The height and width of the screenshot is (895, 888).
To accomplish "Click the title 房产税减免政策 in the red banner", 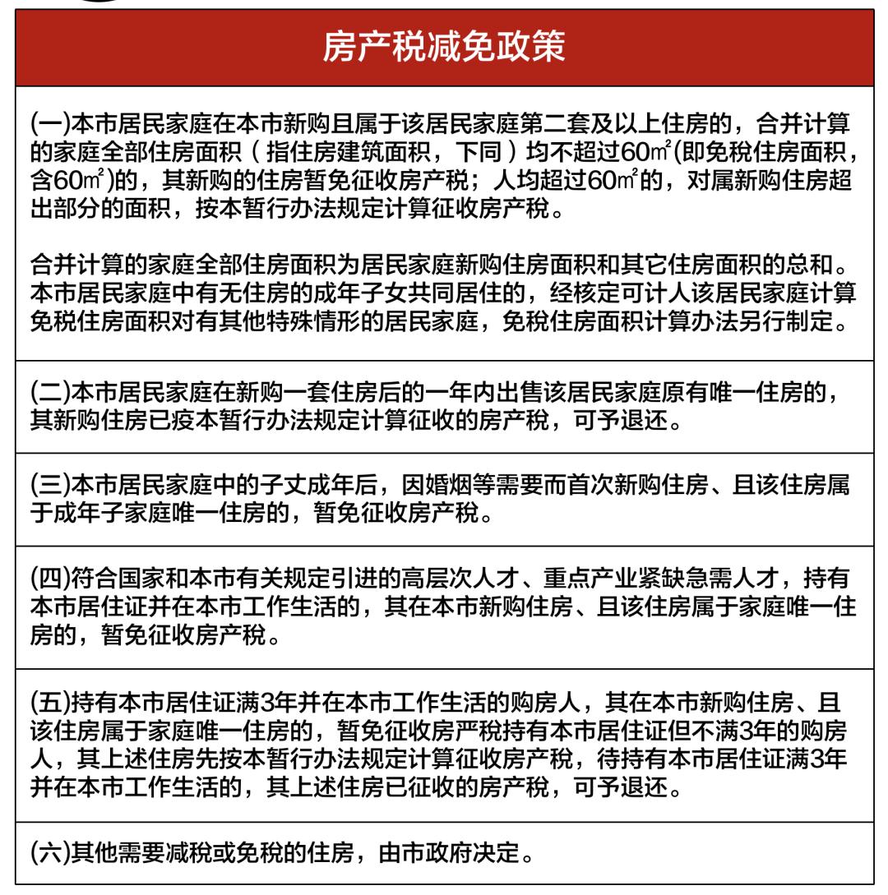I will [444, 47].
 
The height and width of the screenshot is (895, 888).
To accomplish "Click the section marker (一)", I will [50, 125].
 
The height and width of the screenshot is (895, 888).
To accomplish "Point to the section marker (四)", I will [50, 579].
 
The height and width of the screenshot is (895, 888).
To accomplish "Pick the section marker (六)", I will [50, 852].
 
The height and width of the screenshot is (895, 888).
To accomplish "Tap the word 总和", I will [821, 265].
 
